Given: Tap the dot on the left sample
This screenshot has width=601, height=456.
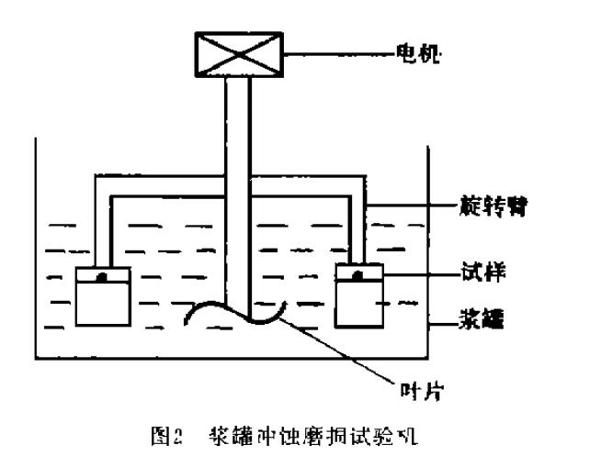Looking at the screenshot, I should (104, 274).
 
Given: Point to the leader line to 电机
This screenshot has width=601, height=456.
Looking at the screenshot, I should (341, 55).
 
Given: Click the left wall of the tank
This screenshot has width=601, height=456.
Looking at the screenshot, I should (35, 248).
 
